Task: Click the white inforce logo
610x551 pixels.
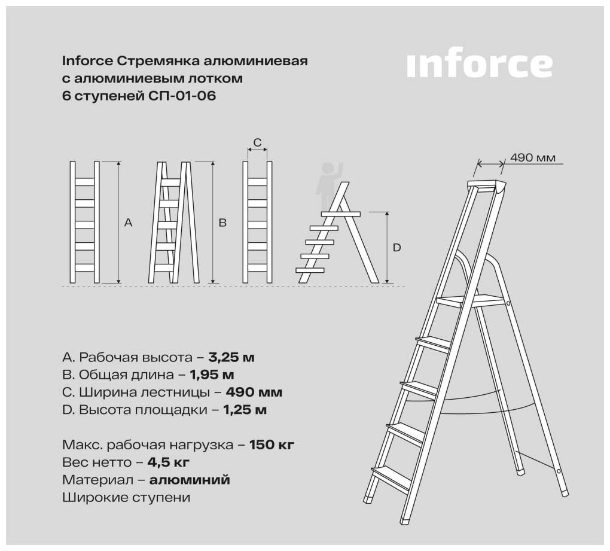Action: coord(479,65)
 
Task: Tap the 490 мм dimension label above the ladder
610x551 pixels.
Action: coord(533,158)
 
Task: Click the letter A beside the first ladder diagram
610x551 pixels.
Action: coord(128,223)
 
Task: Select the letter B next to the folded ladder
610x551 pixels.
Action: coord(222,223)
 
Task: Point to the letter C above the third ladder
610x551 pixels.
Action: coord(258,143)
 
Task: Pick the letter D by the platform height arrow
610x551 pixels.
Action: coord(397,248)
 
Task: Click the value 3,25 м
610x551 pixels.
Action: coord(231,357)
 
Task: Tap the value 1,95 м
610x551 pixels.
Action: coord(212,375)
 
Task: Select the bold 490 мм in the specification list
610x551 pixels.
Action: coord(254,392)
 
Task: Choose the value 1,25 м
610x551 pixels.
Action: coord(245,410)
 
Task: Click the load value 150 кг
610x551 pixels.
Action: coord(272,445)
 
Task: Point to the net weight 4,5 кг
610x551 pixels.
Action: coord(169,462)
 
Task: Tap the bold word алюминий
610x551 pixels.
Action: coord(190,480)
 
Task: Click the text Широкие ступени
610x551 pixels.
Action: coord(126,498)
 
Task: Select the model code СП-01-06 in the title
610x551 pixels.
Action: coord(182,96)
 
